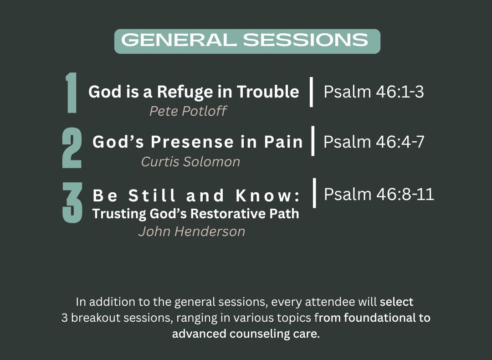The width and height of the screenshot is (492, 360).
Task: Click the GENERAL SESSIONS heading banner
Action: pos(247,41)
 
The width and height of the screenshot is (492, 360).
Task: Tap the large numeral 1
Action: pos(72,93)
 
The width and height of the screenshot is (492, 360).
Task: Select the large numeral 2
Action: pos(72,148)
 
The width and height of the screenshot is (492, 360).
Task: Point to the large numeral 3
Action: pos(72,202)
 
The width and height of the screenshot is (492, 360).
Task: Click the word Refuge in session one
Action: pos(182,92)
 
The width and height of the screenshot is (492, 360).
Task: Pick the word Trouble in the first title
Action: pos(268,92)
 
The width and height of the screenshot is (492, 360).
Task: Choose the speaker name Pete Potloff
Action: pos(188,111)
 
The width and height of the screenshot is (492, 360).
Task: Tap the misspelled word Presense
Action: pos(192,142)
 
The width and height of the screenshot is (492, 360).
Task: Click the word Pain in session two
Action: pos(283,142)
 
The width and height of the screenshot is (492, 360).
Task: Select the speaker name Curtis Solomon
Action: pos(190,162)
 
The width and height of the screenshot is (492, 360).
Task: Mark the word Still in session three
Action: pos(152,195)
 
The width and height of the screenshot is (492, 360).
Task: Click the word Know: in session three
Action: pos(268,195)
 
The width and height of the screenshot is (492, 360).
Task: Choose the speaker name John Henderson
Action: pos(192,231)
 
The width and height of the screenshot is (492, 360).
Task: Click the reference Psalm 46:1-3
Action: pos(374,92)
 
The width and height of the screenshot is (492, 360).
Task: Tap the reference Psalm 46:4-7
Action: pos(374,142)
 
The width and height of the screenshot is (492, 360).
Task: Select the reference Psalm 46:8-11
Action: pos(379,194)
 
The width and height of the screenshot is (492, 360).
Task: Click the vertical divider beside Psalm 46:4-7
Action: pos(313,141)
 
